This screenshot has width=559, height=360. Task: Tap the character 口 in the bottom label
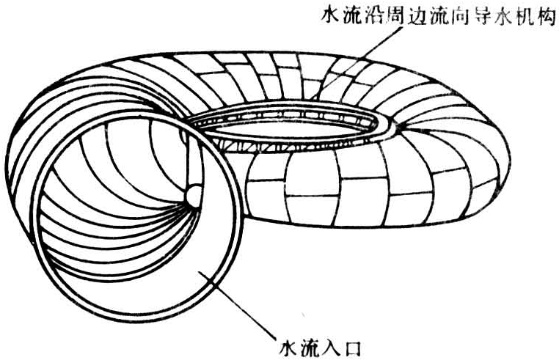pos(354,345)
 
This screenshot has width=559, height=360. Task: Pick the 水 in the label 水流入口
pos(289,345)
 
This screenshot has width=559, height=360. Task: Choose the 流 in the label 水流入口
pos(311,345)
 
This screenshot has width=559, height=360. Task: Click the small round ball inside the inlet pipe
pos(194,194)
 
